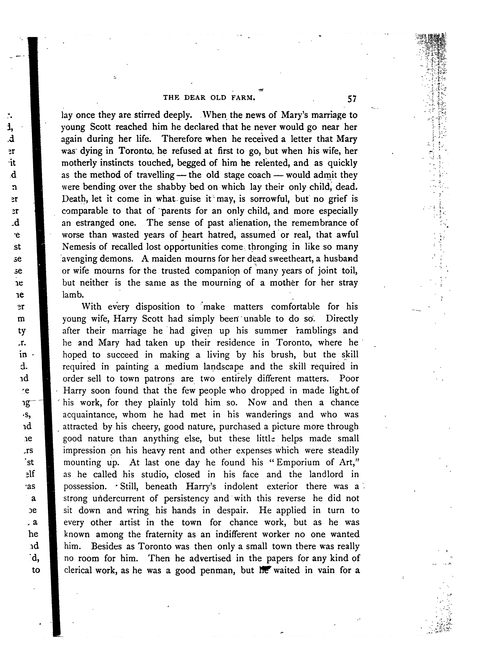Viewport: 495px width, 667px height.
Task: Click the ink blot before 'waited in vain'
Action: coord(265,569)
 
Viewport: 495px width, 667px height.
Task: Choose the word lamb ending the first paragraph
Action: coord(72,295)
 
